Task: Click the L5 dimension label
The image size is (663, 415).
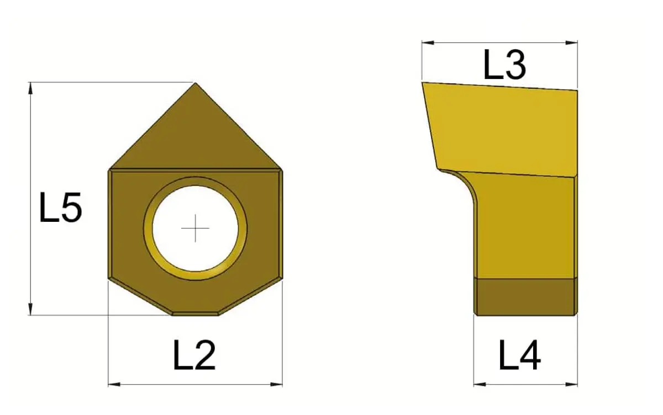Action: point(61,207)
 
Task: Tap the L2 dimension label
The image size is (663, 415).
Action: point(194,355)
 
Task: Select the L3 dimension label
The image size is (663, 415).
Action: point(505,64)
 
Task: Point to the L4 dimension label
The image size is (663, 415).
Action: point(520,355)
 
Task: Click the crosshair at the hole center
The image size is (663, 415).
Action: point(196,228)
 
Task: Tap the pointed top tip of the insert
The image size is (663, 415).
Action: point(196,83)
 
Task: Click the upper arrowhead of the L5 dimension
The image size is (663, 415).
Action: point(30,88)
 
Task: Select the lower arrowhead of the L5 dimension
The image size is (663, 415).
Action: point(30,309)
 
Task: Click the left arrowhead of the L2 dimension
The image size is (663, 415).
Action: point(114,385)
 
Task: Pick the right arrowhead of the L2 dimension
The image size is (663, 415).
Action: point(276,385)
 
